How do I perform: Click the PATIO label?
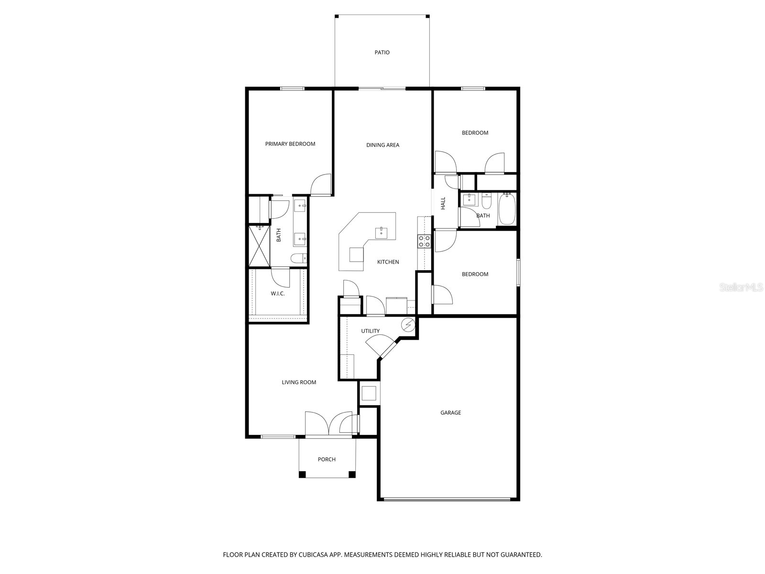pos(382,53)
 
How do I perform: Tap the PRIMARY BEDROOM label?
pos(290,144)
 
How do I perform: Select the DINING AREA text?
pos(382,145)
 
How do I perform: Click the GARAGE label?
pos(450,413)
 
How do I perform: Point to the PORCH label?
pos(327,460)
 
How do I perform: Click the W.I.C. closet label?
pos(278,294)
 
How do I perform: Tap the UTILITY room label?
pos(370,331)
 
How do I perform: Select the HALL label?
pos(443,203)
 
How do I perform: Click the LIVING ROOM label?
pos(299,382)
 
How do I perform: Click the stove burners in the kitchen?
pos(424,241)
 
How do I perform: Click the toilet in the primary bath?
pos(298,259)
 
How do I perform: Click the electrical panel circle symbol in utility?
pos(408,325)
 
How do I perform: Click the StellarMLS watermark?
pos(742,287)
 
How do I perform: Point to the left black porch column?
pos(302,475)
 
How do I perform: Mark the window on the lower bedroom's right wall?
pos(518,273)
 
